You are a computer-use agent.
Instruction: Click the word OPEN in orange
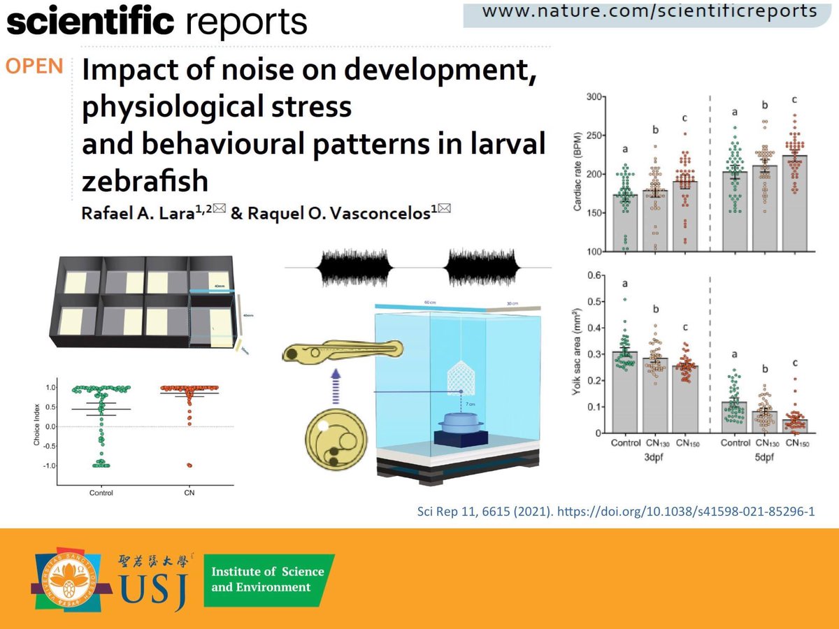36,67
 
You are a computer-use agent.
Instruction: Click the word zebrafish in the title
145,181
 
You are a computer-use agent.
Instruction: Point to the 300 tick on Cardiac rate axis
594,96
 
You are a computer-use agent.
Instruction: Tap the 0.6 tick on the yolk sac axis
594,275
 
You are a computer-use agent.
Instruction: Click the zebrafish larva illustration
342,349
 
